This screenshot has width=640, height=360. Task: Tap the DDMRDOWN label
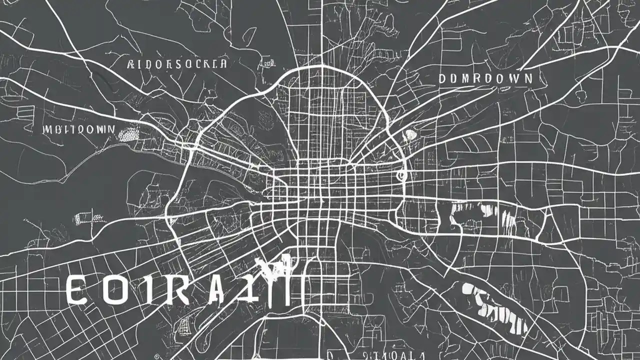(485, 78)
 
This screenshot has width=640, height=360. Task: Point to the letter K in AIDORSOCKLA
(207, 64)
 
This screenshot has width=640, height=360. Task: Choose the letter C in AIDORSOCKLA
(198, 64)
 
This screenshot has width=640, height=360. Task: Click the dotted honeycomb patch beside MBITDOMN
(129, 133)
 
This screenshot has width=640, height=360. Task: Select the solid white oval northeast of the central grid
(409, 134)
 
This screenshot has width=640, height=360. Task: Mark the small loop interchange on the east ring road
(400, 175)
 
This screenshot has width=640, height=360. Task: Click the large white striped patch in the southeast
(495, 307)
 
